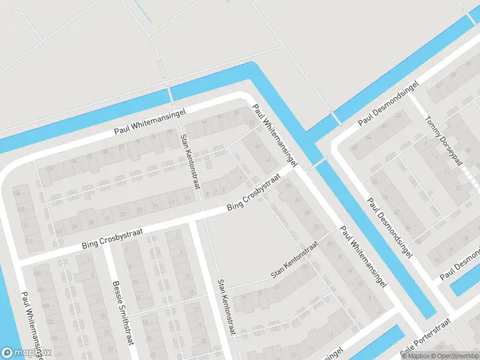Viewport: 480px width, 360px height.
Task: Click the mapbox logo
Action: [26, 353]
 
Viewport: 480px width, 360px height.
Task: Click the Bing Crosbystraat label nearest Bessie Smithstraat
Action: [114, 238]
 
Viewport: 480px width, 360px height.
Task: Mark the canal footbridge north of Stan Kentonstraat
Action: [170, 95]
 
